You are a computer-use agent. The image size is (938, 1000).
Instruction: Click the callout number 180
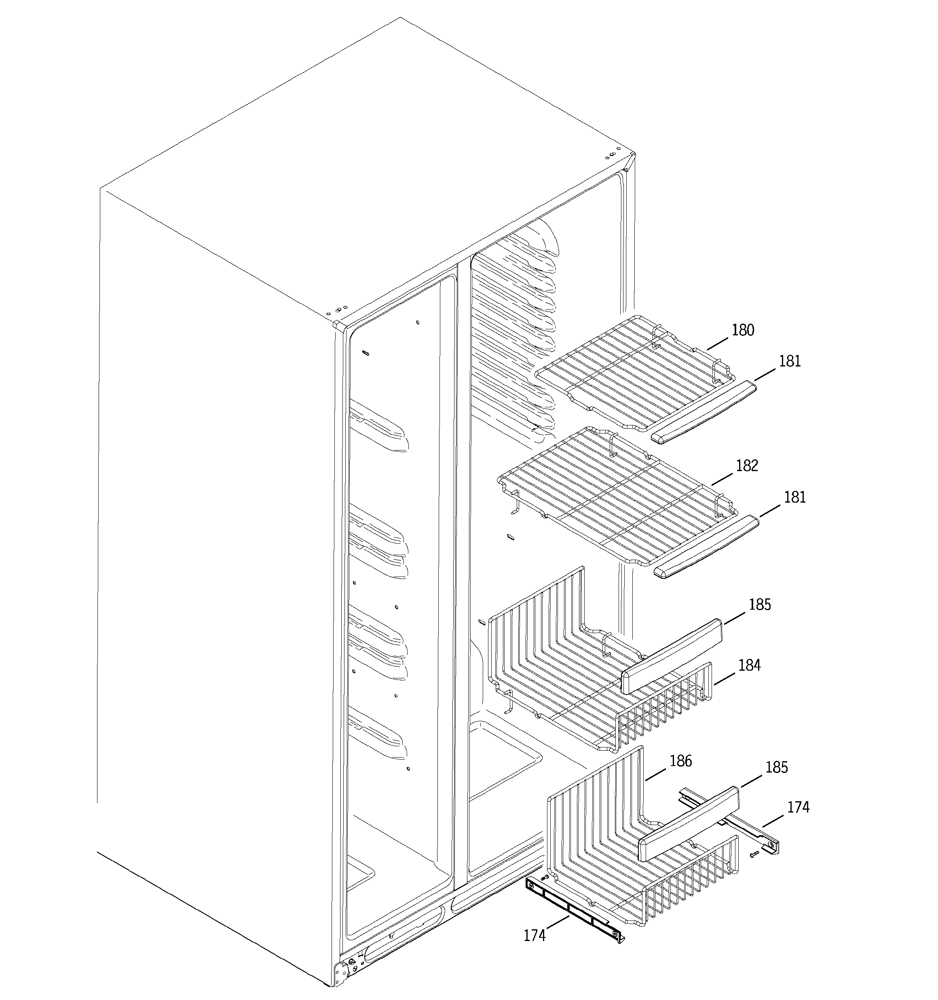(x=743, y=331)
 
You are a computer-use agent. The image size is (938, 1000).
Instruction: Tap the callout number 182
(x=747, y=466)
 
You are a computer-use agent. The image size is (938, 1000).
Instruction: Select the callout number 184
(x=749, y=665)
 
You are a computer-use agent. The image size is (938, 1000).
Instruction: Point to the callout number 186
(x=681, y=761)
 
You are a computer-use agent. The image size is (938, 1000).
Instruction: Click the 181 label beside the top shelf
(x=790, y=361)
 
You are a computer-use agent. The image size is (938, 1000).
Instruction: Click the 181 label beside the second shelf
(x=794, y=497)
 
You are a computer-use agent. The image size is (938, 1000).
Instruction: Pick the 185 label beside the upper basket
(x=760, y=604)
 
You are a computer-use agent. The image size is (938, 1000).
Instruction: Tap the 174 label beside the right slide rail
(x=799, y=807)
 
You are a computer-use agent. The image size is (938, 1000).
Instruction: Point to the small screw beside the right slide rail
(x=754, y=854)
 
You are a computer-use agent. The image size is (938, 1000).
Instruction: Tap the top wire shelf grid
(x=630, y=372)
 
